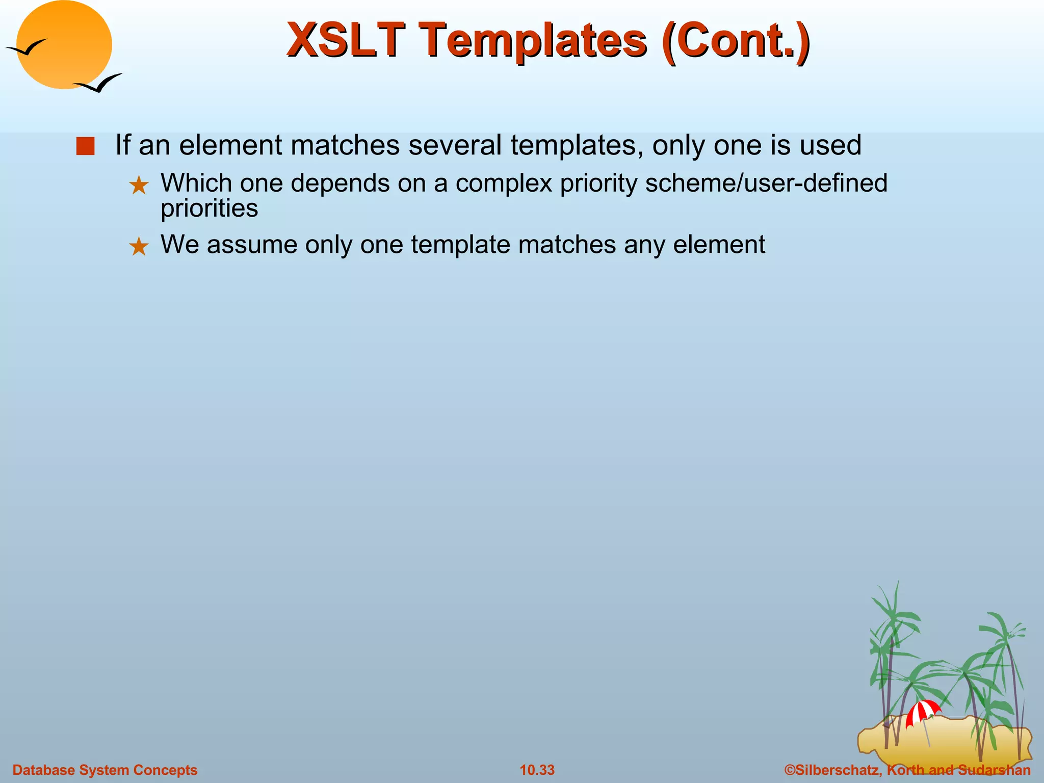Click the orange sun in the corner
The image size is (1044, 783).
[x=64, y=44]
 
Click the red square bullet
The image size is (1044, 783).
[x=85, y=146]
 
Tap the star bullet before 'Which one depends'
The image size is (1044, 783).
[x=139, y=186]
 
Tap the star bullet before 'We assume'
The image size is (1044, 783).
[x=139, y=247]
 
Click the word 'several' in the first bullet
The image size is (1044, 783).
[x=455, y=145]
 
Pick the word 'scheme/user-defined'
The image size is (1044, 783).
[x=766, y=183]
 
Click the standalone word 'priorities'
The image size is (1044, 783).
[x=209, y=208]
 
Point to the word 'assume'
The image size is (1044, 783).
[x=252, y=245]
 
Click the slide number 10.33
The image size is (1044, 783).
[x=537, y=770]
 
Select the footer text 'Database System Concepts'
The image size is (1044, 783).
[x=105, y=770]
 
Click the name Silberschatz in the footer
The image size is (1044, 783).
[x=836, y=770]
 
